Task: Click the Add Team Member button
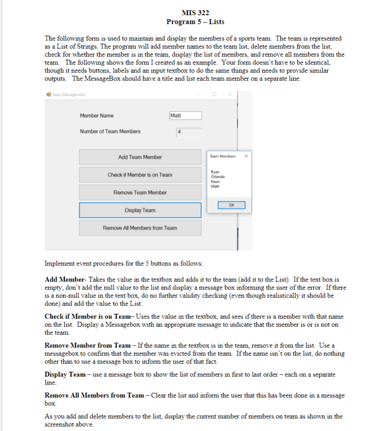pos(140,157)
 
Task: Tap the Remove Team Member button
pos(140,192)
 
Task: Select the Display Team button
pos(140,210)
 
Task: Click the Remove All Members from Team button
pos(140,228)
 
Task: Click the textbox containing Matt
pos(185,116)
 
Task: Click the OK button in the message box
pos(231,205)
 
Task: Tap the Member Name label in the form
pos(97,116)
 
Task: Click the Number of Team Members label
pos(110,131)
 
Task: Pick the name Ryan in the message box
pos(215,172)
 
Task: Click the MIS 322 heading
pos(195,12)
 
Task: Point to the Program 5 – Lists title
pos(195,21)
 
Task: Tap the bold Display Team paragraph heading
pos(65,374)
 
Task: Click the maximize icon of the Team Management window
pos(214,94)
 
